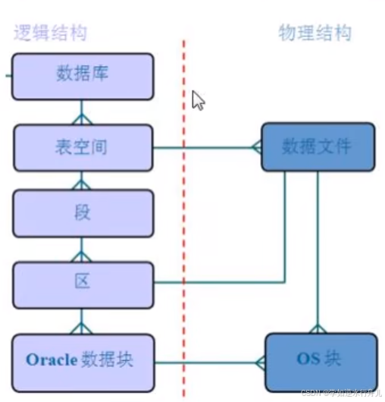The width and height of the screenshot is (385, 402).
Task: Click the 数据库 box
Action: pyautogui.click(x=83, y=76)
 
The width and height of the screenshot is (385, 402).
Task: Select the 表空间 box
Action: pyautogui.click(x=83, y=146)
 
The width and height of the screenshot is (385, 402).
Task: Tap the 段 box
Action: pyautogui.click(x=83, y=213)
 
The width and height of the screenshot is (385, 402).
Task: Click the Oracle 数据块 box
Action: pyautogui.click(x=83, y=359)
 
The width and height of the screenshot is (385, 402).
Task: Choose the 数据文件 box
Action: pyautogui.click(x=318, y=146)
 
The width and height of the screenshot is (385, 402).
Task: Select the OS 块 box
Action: pyautogui.click(x=321, y=360)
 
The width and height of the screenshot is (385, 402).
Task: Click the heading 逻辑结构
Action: pyautogui.click(x=50, y=33)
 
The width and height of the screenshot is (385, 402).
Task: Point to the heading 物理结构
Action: pyautogui.click(x=315, y=33)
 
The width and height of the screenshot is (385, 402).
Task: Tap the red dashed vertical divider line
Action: pyautogui.click(x=183, y=228)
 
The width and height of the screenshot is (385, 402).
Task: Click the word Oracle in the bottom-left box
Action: pyautogui.click(x=52, y=360)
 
